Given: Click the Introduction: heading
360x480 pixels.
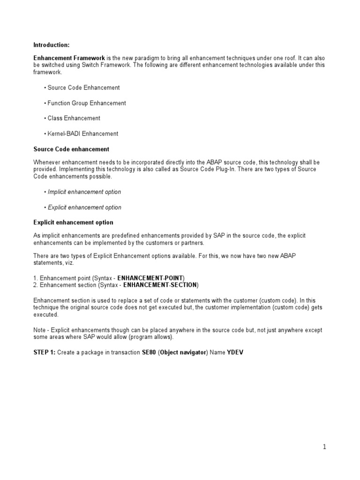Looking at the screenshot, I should pyautogui.click(x=52, y=45).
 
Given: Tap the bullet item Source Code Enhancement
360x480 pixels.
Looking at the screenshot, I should pyautogui.click(x=83, y=88).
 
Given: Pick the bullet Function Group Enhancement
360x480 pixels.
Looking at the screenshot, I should pyautogui.click(x=87, y=103).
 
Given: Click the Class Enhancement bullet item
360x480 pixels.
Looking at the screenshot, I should pyautogui.click(x=74, y=118).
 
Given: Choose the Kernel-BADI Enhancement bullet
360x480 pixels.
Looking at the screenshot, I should pyautogui.click(x=83, y=134).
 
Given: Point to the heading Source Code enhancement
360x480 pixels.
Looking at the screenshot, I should pyautogui.click(x=71, y=149).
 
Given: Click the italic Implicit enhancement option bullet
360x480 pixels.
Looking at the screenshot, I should pyautogui.click(x=84, y=192).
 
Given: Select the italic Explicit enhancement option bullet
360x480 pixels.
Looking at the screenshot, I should pyautogui.click(x=84, y=207).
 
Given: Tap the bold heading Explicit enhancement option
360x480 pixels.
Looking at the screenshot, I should pyautogui.click(x=73, y=222).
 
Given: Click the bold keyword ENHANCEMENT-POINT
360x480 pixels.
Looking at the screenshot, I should pyautogui.click(x=151, y=277).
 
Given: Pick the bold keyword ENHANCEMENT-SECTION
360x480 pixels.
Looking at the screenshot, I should pyautogui.click(x=160, y=285).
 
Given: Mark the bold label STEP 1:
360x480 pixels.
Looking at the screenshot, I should pyautogui.click(x=45, y=352).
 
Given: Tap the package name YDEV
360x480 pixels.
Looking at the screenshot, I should pyautogui.click(x=235, y=352).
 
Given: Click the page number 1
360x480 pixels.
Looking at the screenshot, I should pyautogui.click(x=324, y=447).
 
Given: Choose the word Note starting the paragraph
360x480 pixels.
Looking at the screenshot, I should pyautogui.click(x=40, y=330).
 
